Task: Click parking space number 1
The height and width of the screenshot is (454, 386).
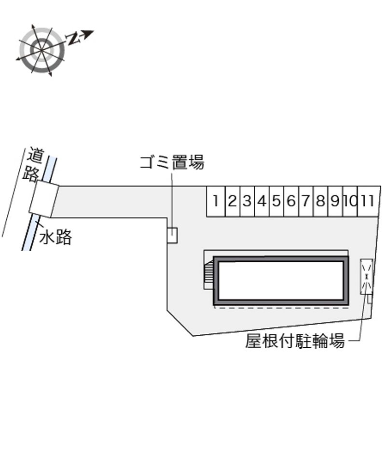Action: click(x=216, y=201)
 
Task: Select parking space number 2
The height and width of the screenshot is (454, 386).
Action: click(x=233, y=201)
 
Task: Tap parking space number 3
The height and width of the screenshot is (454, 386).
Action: click(x=248, y=201)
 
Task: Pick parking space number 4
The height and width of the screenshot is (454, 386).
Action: click(x=262, y=201)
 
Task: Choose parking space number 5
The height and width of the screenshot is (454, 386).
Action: click(x=276, y=201)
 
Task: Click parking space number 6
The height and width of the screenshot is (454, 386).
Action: click(x=291, y=201)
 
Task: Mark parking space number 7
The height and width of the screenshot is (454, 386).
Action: click(x=306, y=201)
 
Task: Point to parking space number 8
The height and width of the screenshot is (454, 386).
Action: click(x=321, y=201)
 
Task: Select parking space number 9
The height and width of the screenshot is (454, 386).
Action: click(x=335, y=201)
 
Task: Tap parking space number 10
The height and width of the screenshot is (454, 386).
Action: click(x=350, y=201)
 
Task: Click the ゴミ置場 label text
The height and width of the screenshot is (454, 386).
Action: click(x=172, y=162)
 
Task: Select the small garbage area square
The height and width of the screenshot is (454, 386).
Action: click(x=172, y=235)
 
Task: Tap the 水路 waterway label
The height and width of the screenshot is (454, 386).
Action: click(x=55, y=237)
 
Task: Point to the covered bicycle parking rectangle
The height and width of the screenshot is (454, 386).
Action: click(x=367, y=277)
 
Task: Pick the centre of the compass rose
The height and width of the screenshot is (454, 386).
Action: click(x=41, y=50)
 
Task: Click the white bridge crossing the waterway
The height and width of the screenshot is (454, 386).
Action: click(x=44, y=199)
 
